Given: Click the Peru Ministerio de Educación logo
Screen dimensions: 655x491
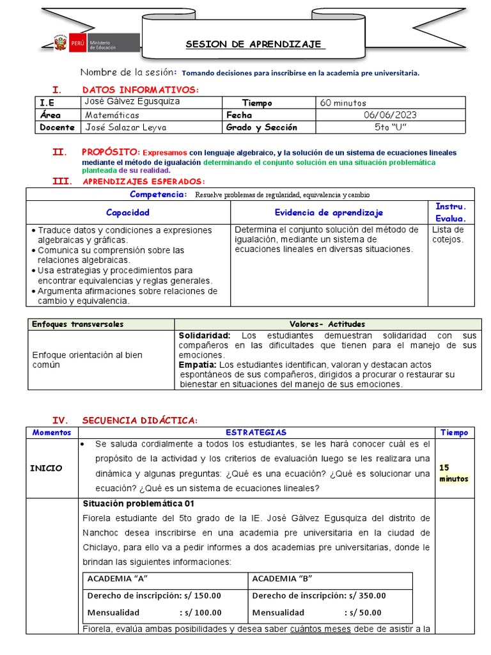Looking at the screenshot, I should pyautogui.click(x=96, y=44).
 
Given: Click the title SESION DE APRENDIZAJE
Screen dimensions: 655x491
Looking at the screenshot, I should pyautogui.click(x=254, y=44).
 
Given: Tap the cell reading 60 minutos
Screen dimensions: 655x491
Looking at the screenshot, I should pyautogui.click(x=343, y=103).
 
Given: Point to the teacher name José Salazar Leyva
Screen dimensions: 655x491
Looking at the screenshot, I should pyautogui.click(x=125, y=127).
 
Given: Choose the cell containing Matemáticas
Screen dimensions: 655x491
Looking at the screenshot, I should pyautogui.click(x=112, y=115).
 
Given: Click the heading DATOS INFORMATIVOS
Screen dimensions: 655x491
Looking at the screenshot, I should pyautogui.click(x=141, y=90).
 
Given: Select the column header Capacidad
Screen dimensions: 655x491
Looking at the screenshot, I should pyautogui.click(x=128, y=212).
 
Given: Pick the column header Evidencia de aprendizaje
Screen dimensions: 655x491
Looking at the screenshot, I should pyautogui.click(x=329, y=212).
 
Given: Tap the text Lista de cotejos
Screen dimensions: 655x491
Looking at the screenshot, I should pyautogui.click(x=448, y=234).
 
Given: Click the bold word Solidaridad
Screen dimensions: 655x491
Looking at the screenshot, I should pyautogui.click(x=204, y=335).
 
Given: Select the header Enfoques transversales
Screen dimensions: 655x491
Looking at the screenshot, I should pyautogui.click(x=78, y=324).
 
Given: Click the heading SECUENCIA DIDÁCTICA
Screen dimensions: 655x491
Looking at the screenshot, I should pyautogui.click(x=140, y=420).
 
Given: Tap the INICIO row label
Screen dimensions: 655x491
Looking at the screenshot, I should pyautogui.click(x=46, y=468).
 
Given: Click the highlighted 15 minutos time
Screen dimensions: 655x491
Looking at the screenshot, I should pyautogui.click(x=454, y=473).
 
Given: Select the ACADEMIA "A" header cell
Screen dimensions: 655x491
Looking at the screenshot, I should pyautogui.click(x=118, y=579).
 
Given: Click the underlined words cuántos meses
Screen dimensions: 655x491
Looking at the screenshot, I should pyautogui.click(x=320, y=629).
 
